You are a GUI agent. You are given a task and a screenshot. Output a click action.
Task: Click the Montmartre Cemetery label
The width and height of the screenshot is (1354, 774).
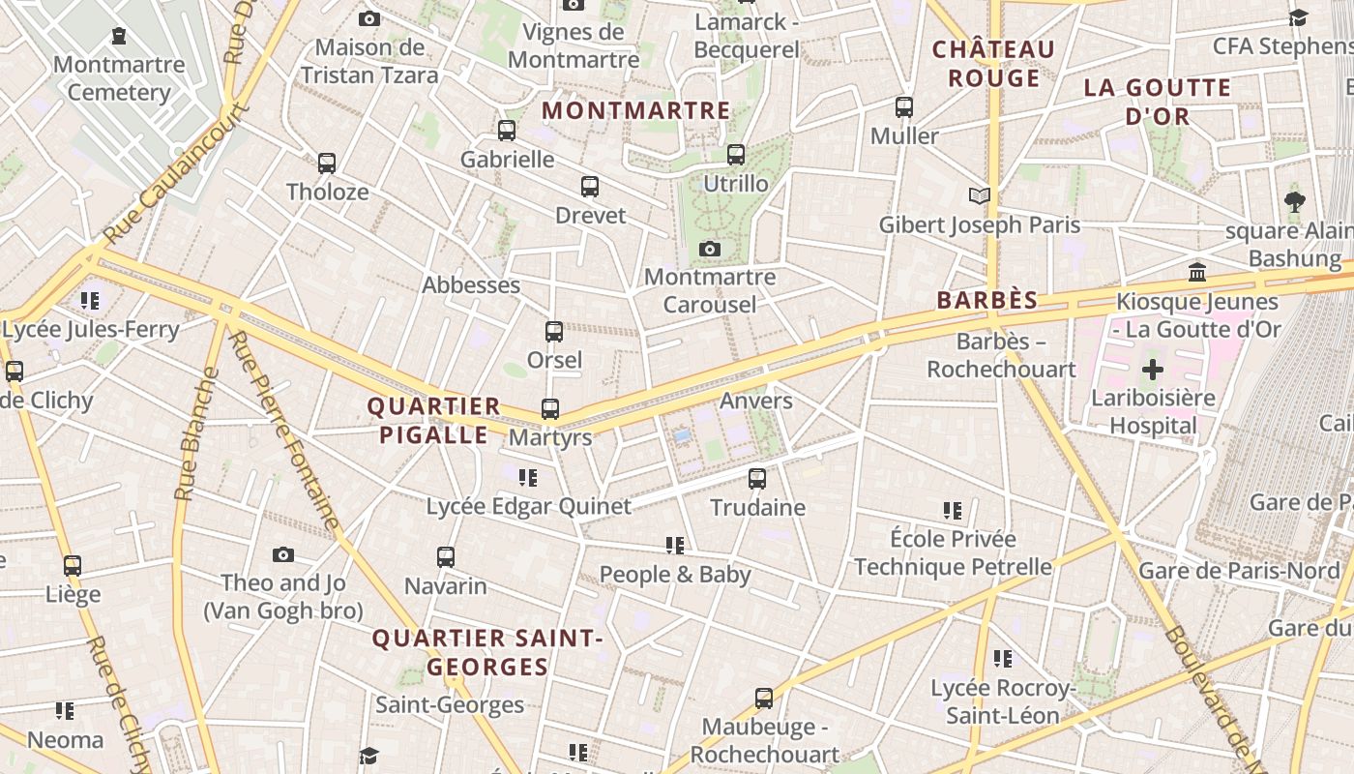point(119,78)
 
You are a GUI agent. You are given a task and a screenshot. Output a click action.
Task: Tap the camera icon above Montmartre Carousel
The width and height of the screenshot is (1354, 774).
point(710,249)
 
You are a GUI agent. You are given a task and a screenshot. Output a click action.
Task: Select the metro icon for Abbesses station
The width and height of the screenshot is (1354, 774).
point(471,285)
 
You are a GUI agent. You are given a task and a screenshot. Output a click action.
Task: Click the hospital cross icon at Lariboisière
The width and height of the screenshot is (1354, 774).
point(1153,369)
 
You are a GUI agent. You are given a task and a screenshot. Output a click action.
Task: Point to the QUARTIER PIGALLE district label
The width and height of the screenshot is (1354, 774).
point(433,421)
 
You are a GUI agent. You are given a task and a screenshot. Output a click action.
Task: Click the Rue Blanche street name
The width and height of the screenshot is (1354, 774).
point(192,434)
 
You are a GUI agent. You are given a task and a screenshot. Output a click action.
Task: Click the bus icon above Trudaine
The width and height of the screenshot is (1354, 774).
point(757,478)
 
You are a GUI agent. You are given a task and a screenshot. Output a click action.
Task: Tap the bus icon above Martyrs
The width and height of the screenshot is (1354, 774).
point(550,408)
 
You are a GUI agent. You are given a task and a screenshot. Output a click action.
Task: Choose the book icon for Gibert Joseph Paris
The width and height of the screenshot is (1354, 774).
point(980,196)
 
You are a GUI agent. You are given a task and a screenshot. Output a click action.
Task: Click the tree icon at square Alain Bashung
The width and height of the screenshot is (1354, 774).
point(1295,201)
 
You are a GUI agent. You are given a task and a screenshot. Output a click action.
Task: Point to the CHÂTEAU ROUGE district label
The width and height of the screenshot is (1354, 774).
point(993,63)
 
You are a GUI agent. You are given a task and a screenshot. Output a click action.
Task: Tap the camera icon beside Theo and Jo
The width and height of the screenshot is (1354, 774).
point(282,554)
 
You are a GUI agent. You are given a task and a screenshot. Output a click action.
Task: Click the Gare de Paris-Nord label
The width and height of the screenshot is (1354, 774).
point(1239,571)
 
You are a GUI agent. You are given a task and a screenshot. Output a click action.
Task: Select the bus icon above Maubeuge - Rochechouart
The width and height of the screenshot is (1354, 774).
point(764,698)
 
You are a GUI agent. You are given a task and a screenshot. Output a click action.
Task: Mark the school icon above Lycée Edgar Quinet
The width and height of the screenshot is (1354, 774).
point(528,477)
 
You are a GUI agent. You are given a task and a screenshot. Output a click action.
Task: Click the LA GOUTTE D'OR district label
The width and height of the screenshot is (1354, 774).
point(1158,102)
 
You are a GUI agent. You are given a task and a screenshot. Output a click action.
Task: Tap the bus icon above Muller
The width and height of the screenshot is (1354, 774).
point(904,106)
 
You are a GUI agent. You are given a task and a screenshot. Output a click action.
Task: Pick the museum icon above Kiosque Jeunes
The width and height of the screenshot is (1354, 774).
point(1197,272)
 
